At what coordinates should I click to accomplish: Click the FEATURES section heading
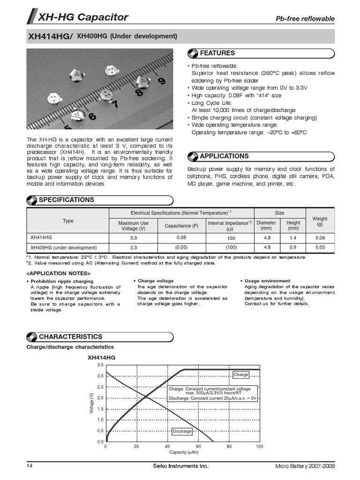click(217, 53)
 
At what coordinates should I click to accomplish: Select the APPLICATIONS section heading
click(224, 156)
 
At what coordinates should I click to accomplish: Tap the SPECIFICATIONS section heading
click(66, 200)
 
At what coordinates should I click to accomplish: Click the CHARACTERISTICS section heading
click(70, 337)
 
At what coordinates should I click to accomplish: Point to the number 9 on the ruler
click(161, 81)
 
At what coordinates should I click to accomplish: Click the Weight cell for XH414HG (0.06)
click(320, 238)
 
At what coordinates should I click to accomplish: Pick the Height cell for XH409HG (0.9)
click(293, 247)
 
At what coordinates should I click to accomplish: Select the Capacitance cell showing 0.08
click(181, 237)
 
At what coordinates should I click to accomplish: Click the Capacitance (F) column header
click(181, 226)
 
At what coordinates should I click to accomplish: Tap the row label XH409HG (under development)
click(63, 247)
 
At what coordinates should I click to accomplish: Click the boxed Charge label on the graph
click(240, 375)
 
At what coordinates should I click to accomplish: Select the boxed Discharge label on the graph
click(182, 431)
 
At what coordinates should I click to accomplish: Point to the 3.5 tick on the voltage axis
click(100, 365)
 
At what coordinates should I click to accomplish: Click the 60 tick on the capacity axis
click(198, 447)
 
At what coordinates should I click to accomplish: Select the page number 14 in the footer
click(30, 466)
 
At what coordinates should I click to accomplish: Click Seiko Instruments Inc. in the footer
click(180, 466)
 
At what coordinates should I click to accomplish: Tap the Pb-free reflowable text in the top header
click(305, 19)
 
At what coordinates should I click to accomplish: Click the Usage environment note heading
click(267, 281)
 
